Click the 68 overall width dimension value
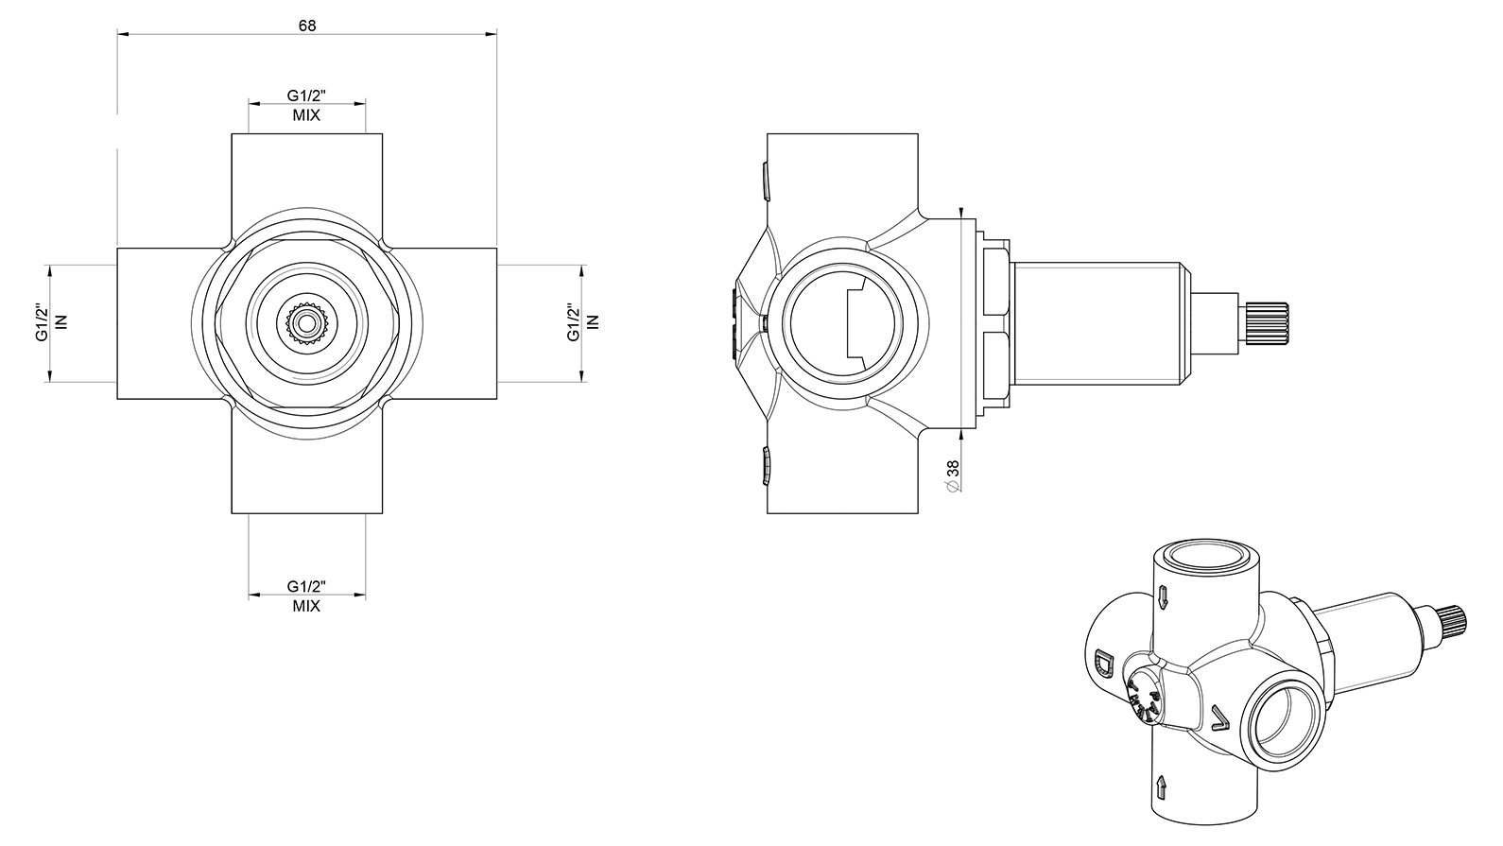306,26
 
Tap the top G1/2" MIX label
306,106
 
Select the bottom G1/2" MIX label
306,596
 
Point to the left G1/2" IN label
52,323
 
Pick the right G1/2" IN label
582,323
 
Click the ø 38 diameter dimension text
953,475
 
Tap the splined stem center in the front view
307,323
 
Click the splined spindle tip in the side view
1266,323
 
